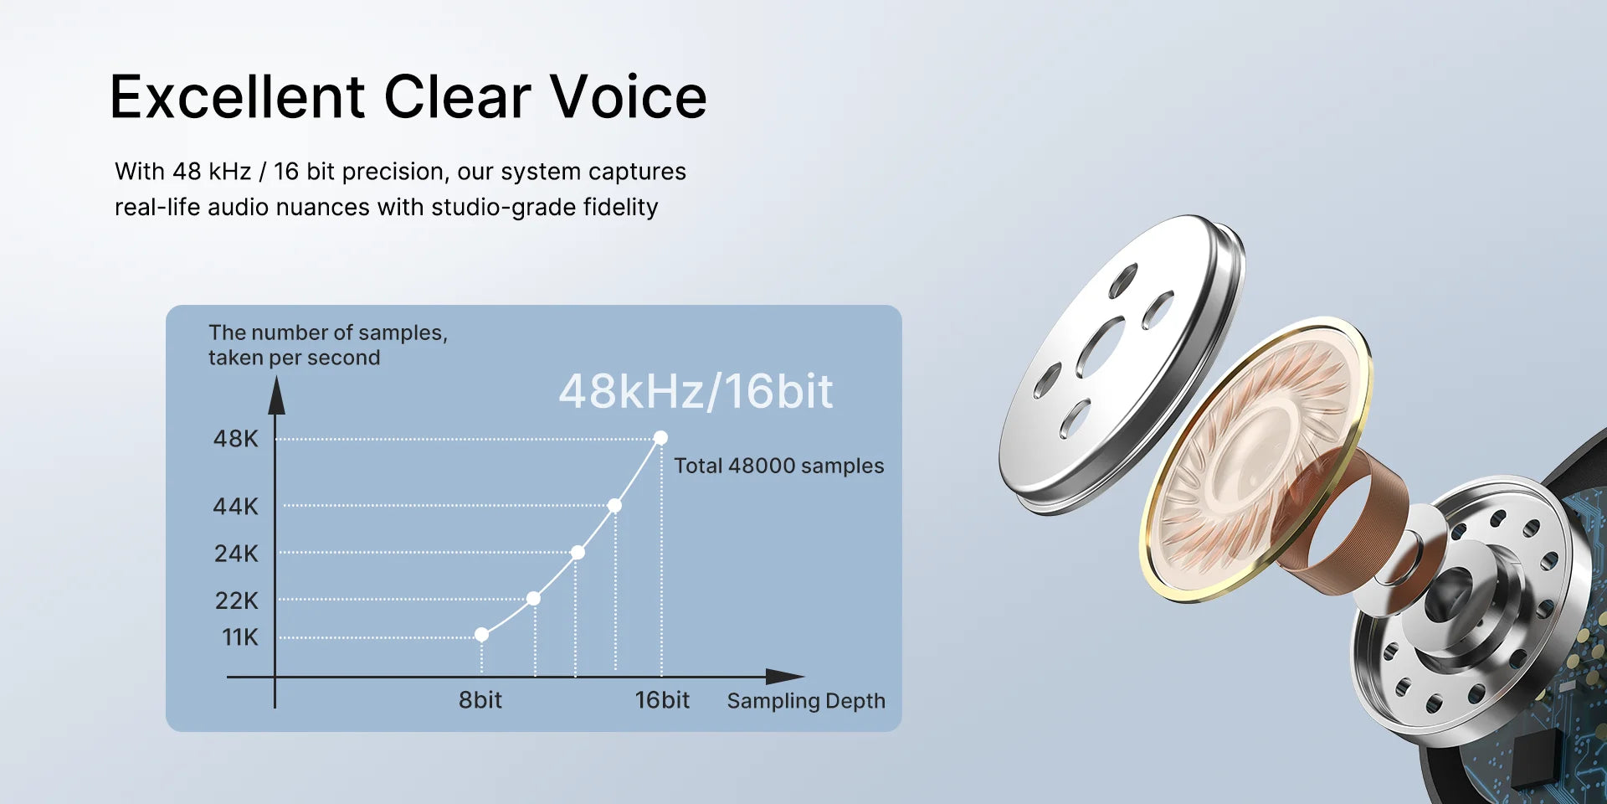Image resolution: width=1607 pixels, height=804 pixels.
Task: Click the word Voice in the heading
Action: click(628, 97)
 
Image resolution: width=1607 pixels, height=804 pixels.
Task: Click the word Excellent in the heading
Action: click(238, 97)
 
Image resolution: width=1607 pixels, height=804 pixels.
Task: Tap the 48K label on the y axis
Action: click(236, 439)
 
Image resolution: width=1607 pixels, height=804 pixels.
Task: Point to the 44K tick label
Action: click(236, 507)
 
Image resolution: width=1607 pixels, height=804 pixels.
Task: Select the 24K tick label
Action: click(236, 554)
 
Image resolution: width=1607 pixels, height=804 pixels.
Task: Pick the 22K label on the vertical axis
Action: click(236, 600)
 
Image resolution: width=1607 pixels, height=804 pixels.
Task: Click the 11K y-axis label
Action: click(240, 637)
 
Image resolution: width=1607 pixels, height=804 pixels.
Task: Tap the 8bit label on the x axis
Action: click(480, 700)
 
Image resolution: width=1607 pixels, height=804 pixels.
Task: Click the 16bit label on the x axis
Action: click(662, 700)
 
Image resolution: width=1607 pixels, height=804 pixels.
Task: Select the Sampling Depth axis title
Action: click(805, 701)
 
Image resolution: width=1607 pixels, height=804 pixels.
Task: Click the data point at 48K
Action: click(660, 438)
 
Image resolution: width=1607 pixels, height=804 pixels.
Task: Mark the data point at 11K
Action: click(481, 635)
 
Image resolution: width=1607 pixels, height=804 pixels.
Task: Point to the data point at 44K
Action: click(614, 506)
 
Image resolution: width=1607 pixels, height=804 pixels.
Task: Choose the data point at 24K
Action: click(578, 553)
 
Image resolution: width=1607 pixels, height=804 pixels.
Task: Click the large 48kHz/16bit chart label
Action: click(696, 391)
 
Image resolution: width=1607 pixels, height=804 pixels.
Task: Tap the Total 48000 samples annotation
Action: click(778, 466)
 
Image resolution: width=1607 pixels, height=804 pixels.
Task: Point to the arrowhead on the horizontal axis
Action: click(784, 677)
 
